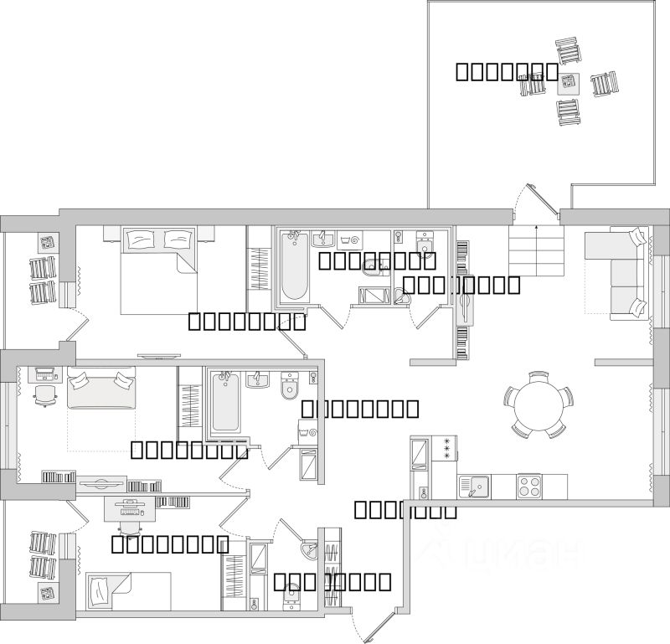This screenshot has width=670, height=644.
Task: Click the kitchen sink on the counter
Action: point(474,486)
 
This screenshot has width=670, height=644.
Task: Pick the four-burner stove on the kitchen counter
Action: point(529,486)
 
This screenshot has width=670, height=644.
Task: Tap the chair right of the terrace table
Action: point(604,85)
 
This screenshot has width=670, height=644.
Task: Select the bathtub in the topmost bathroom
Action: point(294,267)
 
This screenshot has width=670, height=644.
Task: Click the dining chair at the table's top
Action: point(539,377)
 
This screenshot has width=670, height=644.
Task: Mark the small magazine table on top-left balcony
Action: point(47,243)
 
